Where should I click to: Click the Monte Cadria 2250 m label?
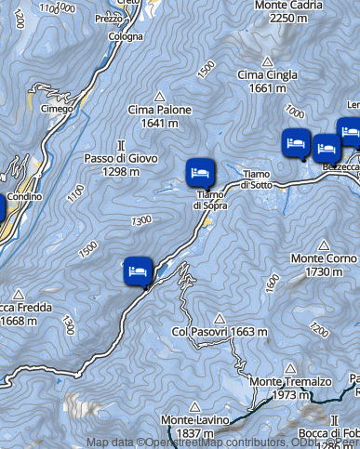coord(280,10)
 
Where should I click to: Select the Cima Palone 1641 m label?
coord(159,116)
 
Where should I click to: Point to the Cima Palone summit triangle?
coord(159,96)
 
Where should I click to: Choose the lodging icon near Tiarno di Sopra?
coord(199,172)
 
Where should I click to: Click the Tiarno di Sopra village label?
coord(210,200)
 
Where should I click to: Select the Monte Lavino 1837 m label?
coord(194,427)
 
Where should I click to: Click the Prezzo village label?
coord(108,18)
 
